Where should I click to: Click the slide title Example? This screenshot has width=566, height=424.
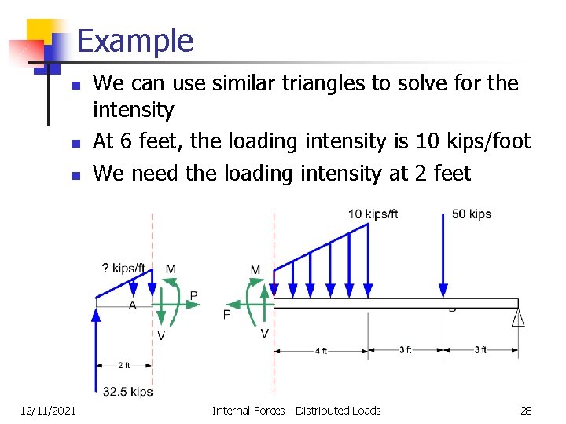(x=135, y=41)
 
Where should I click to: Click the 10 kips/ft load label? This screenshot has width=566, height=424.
(x=373, y=214)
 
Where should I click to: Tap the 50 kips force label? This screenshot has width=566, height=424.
(x=472, y=214)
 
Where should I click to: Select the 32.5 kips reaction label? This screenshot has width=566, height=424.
(x=127, y=391)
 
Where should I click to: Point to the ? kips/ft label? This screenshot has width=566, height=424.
(x=123, y=269)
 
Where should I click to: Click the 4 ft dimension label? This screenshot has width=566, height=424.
(x=321, y=351)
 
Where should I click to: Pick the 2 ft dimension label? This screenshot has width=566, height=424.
(x=124, y=365)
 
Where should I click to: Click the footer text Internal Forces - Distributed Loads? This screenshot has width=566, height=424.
(x=296, y=410)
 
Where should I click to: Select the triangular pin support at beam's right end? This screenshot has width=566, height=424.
(x=517, y=317)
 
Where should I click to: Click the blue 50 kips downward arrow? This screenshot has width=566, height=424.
(x=443, y=259)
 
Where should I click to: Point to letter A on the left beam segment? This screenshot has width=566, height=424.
(x=132, y=305)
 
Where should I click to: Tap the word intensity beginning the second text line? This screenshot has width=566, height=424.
(x=133, y=110)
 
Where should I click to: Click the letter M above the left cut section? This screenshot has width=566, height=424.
(x=171, y=269)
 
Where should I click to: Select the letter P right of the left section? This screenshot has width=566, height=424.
(x=194, y=296)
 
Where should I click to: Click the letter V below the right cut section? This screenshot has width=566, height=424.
(x=264, y=334)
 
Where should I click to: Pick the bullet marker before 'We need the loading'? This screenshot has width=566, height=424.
(x=75, y=174)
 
